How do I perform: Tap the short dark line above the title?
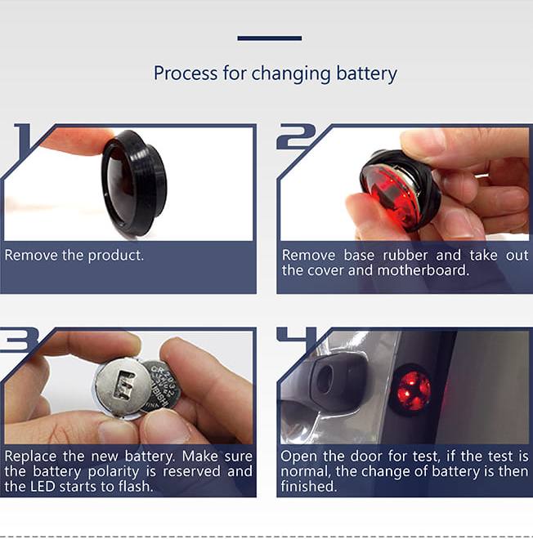click(x=270, y=38)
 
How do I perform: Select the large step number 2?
click(x=297, y=136)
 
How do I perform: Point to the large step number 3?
click(x=18, y=340)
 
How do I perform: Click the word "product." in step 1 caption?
click(x=115, y=256)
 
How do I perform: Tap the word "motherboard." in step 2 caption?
click(x=423, y=270)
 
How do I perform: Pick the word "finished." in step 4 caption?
click(x=309, y=487)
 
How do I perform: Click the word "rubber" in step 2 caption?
click(x=405, y=256)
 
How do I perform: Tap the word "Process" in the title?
click(x=186, y=73)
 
